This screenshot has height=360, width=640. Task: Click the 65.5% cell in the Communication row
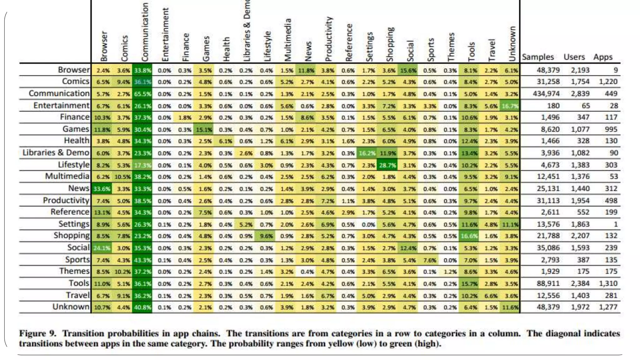142,94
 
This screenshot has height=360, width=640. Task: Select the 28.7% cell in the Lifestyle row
387,165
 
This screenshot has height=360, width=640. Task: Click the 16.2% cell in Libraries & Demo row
367,153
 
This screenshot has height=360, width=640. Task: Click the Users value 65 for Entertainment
585,106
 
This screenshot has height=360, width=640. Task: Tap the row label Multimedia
67,177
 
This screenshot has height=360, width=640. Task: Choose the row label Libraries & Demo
56,153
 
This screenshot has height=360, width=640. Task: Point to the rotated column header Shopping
390,44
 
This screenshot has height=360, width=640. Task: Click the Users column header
574,57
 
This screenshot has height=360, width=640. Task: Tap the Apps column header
603,57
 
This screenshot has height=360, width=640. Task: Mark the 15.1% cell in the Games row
204,129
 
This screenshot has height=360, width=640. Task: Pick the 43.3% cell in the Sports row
142,260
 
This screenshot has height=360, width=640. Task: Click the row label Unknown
71,307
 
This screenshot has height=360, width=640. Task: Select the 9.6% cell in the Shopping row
266,236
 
